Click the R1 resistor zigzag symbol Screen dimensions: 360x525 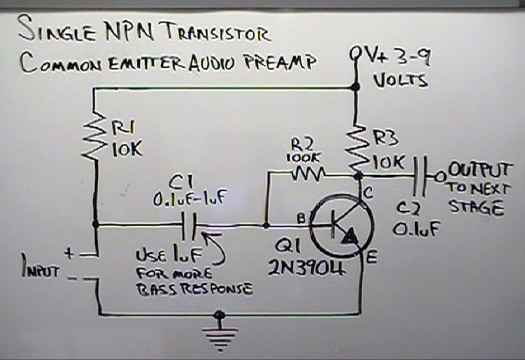(96, 135)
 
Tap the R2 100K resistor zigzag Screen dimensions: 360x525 (307, 174)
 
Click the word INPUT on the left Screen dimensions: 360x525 (41, 270)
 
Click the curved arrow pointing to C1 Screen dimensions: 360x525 (215, 251)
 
